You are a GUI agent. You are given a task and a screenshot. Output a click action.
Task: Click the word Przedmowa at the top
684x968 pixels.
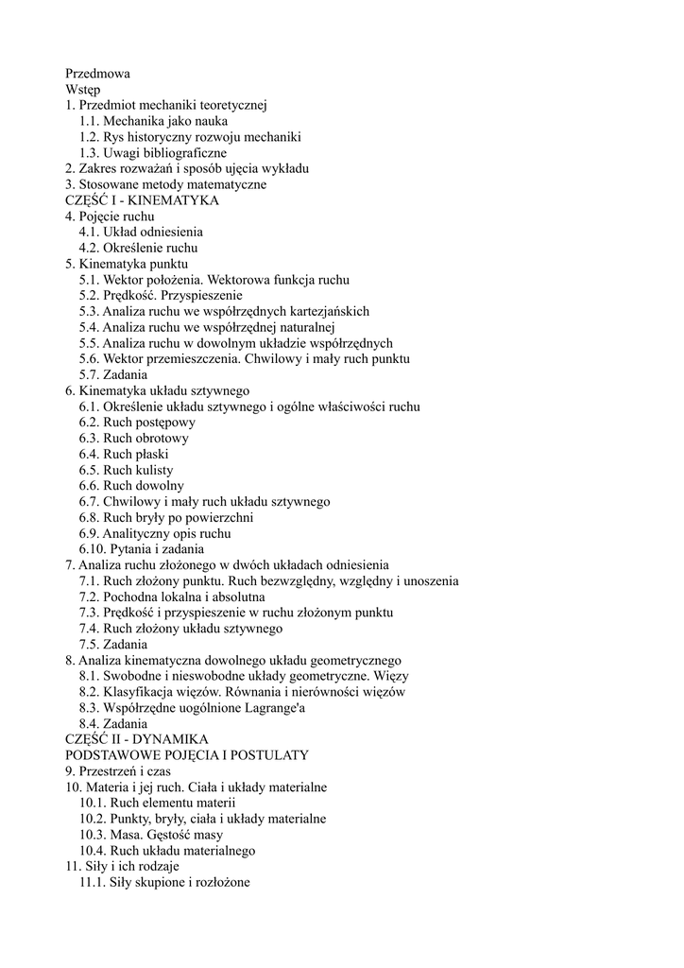coord(97,73)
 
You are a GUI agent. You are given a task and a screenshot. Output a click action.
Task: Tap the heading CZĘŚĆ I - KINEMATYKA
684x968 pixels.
coord(142,200)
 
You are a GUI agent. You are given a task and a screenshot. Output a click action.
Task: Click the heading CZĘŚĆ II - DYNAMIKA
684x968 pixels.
coord(136,739)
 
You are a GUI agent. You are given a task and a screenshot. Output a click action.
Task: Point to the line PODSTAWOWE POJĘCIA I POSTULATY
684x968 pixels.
coord(186,755)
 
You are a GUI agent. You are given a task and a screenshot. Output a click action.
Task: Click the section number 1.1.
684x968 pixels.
coord(89,121)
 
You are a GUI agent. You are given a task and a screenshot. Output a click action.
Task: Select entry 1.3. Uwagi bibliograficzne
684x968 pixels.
coord(153,152)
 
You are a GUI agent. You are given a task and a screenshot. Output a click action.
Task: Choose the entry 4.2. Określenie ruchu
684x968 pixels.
coord(138,248)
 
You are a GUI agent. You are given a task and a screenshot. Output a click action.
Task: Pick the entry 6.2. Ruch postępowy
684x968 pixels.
coord(137,423)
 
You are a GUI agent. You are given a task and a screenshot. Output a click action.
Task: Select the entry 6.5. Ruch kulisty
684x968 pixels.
coord(126,470)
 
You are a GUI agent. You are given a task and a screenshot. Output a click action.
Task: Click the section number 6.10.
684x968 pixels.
coord(93,549)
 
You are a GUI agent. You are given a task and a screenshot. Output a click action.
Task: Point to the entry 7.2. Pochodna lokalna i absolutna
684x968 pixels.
coord(172,597)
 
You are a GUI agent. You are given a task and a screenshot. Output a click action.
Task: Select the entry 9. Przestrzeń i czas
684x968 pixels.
coord(117,771)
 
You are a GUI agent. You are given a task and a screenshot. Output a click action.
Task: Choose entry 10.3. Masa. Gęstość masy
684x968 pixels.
coord(151,835)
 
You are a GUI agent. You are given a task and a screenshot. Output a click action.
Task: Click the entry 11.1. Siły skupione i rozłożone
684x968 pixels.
coord(164,883)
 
